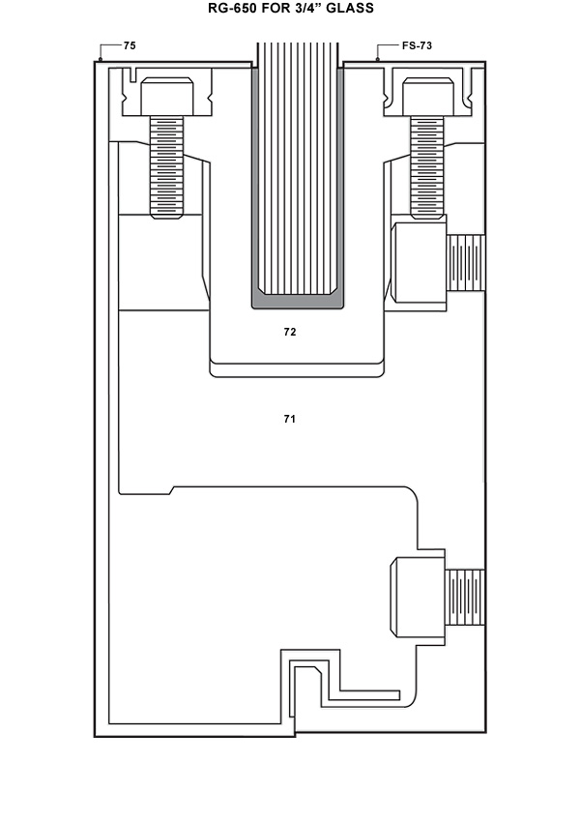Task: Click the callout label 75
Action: tap(130, 45)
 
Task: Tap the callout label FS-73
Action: tap(417, 45)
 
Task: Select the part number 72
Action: tap(290, 332)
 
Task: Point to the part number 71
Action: tap(290, 419)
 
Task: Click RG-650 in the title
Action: tap(235, 9)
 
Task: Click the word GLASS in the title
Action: tap(348, 9)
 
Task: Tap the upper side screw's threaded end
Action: tap(465, 264)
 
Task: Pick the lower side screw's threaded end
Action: tap(465, 598)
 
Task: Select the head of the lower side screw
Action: tap(418, 598)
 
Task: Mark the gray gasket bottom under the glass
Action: tap(298, 303)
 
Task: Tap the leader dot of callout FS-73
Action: tap(378, 60)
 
